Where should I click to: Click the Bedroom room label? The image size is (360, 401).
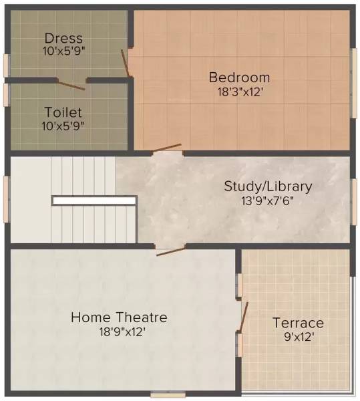(239, 77)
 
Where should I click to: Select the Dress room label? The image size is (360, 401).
(63, 38)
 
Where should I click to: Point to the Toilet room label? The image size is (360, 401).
(63, 112)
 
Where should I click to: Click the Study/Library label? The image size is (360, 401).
(268, 186)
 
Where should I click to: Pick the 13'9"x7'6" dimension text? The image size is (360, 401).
(268, 200)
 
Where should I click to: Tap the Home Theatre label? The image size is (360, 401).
(119, 317)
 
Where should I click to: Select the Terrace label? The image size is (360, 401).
(298, 323)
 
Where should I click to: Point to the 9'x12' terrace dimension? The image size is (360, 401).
(298, 338)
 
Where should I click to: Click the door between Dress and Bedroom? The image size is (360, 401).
(125, 62)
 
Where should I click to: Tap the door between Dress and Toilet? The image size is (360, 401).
(71, 85)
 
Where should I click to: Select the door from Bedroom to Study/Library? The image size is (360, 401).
(166, 148)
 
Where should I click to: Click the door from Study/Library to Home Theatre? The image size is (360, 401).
(170, 250)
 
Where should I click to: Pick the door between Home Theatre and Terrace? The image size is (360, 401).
(244, 316)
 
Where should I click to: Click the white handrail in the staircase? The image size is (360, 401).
(94, 200)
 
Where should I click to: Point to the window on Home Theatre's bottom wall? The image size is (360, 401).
(168, 394)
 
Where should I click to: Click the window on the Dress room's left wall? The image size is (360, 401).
(6, 65)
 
